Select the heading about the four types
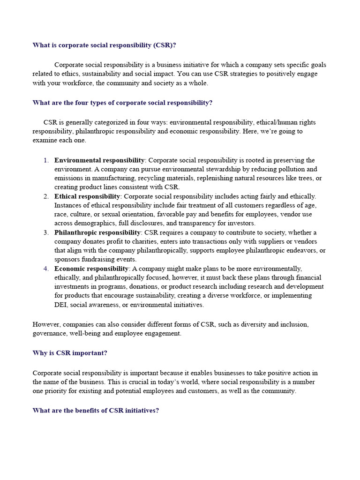click(122, 103)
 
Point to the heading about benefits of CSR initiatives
click(96, 410)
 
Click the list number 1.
click(46, 160)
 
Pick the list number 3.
click(46, 232)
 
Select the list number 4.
click(46, 269)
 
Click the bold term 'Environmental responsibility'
click(99, 160)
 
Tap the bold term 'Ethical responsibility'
click(88, 196)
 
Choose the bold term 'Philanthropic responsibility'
click(97, 232)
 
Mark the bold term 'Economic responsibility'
click(91, 269)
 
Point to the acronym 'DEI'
click(61, 305)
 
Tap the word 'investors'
click(240, 224)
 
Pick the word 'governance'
click(49, 333)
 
